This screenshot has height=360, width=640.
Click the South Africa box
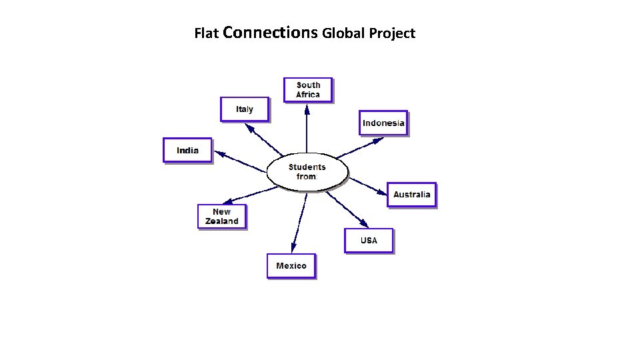[308, 90]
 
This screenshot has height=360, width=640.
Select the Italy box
[245, 109]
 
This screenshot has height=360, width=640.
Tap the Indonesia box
[383, 123]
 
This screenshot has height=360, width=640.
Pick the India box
[187, 150]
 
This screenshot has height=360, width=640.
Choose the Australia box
[411, 195]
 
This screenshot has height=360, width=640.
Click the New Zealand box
[222, 217]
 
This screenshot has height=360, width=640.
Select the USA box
[369, 241]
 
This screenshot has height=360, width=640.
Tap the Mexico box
[291, 266]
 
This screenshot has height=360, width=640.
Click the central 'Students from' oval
[307, 172]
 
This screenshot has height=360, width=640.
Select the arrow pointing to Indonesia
[360, 147]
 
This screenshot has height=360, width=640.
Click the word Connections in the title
[271, 32]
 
